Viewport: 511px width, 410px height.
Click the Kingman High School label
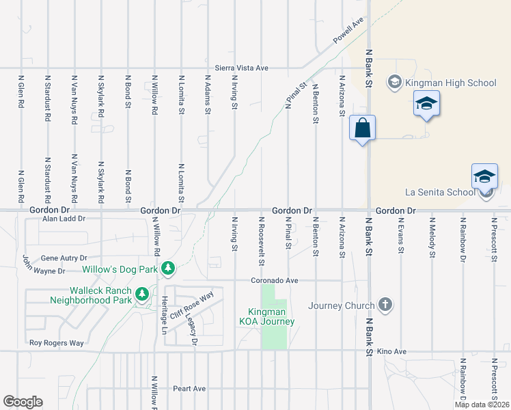[x=451, y=83]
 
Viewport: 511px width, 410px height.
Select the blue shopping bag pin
[x=362, y=128]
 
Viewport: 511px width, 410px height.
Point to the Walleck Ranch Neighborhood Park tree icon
[x=142, y=295]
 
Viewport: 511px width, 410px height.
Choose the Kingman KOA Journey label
[x=266, y=317]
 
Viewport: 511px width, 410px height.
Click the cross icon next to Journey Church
[x=385, y=305]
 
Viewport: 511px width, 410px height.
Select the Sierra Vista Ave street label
[x=241, y=68]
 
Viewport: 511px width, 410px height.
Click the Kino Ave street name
[x=391, y=351]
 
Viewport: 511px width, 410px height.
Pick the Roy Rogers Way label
[x=56, y=343]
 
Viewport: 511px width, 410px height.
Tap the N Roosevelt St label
[x=261, y=241]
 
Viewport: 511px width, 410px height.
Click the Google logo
[x=23, y=402]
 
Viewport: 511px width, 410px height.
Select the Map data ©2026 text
[x=482, y=405]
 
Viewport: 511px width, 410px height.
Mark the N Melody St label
[x=432, y=238]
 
